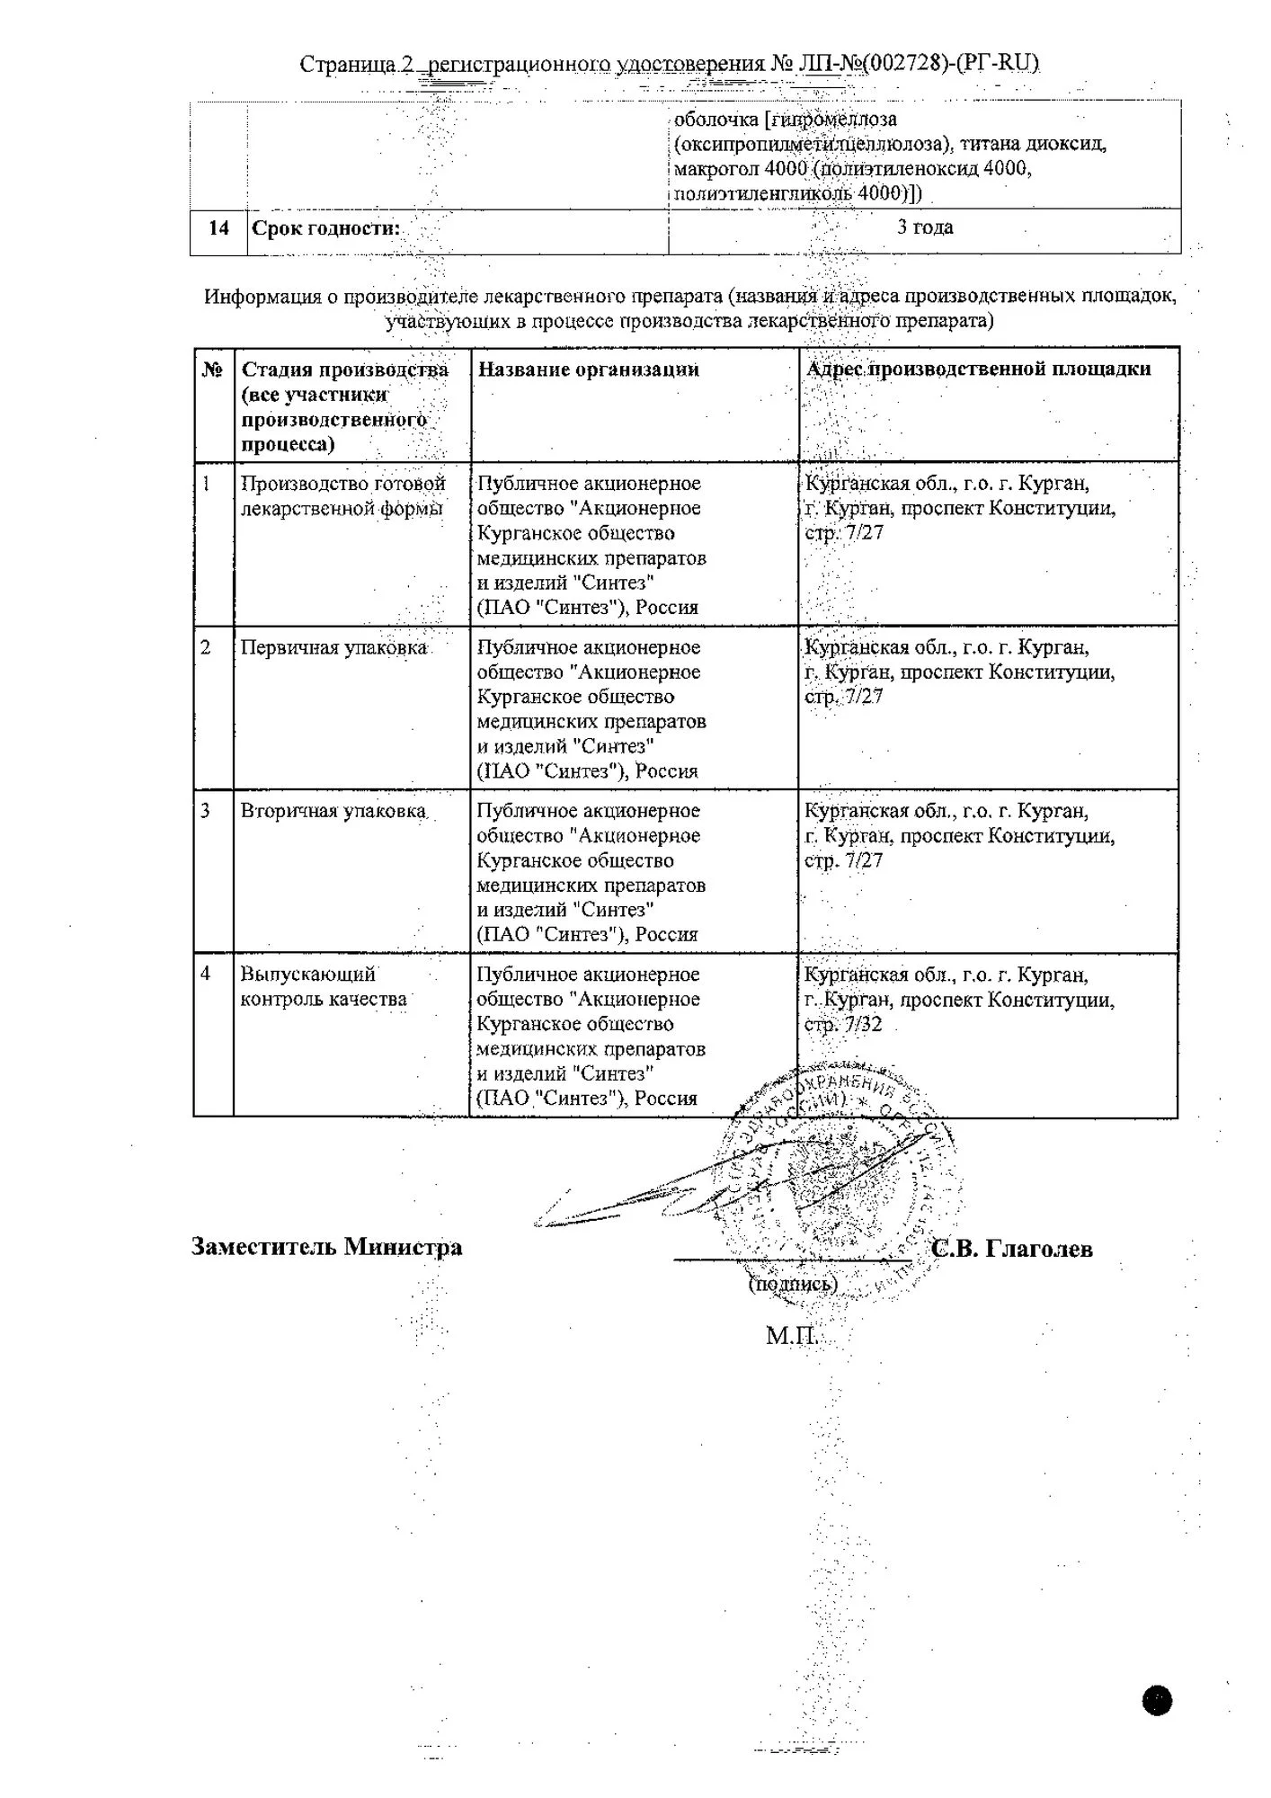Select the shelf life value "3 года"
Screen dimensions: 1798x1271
[925, 227]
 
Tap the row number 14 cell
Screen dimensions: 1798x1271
[218, 228]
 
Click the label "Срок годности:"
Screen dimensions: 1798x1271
[325, 228]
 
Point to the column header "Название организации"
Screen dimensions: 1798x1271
[588, 369]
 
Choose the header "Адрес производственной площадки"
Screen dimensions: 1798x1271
[979, 369]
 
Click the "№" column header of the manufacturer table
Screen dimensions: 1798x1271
[212, 369]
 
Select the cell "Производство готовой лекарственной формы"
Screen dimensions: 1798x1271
[342, 496]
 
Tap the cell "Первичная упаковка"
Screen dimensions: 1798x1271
[333, 648]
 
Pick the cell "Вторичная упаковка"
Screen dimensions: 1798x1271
[333, 811]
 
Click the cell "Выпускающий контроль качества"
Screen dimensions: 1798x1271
[323, 986]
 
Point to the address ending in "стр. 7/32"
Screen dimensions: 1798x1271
[959, 999]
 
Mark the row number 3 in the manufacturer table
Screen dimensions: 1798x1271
[206, 811]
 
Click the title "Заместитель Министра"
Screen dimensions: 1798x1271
[326, 1247]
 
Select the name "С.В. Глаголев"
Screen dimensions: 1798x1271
[1012, 1249]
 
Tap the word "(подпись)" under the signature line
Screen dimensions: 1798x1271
[792, 1284]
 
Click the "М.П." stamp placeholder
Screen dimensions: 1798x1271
[790, 1336]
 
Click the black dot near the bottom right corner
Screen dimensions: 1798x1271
[1158, 1700]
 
